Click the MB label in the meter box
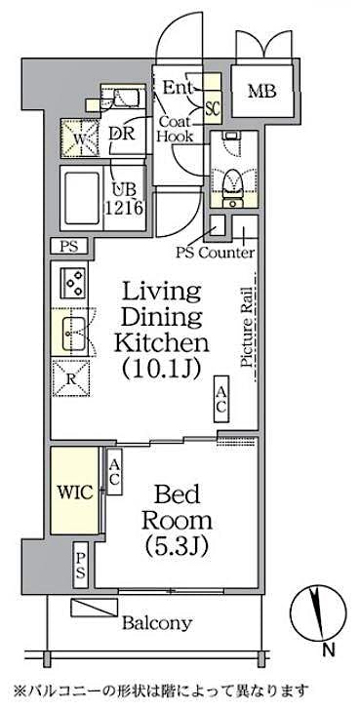tap(260, 92)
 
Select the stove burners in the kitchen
tap(72, 283)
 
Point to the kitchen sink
tap(72, 334)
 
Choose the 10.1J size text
tap(161, 370)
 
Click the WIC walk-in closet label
tap(75, 492)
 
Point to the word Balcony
tap(156, 623)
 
